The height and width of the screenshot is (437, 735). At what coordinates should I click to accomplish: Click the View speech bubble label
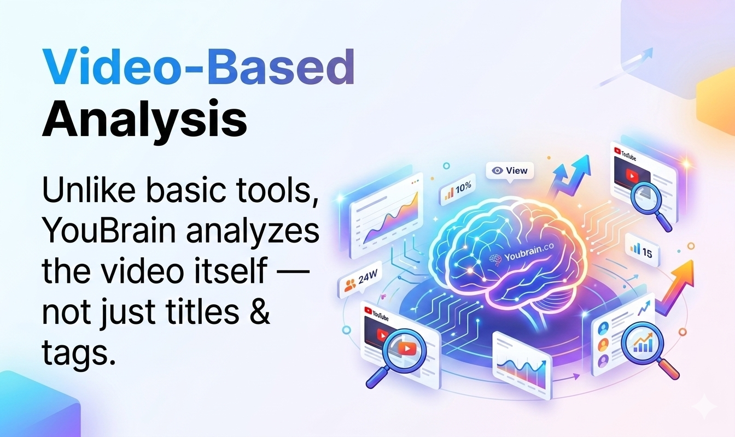510,170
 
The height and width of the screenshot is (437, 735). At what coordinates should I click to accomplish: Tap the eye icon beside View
497,170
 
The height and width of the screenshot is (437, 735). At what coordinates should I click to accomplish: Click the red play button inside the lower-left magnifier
405,348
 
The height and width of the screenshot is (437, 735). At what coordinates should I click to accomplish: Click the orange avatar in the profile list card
603,345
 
